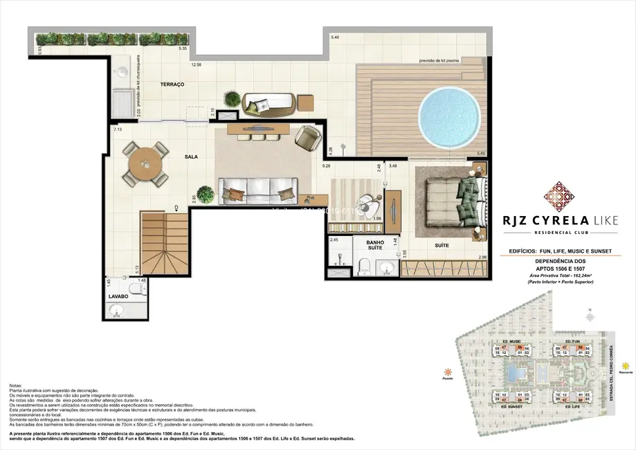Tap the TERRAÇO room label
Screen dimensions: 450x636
tap(172, 84)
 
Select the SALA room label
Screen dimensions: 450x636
tap(191, 156)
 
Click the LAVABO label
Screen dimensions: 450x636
tap(118, 296)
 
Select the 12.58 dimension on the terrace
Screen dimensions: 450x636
tap(196, 65)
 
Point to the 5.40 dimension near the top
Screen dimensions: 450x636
tap(335, 36)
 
